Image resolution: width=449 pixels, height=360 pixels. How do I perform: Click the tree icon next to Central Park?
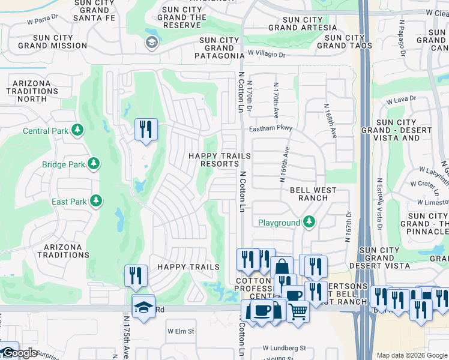77,130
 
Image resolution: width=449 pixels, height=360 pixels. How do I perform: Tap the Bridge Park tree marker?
93,164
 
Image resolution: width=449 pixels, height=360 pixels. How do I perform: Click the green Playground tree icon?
309,223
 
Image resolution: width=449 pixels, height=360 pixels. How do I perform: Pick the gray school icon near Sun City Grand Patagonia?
151,42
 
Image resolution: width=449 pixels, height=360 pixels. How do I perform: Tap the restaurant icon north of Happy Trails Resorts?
146,129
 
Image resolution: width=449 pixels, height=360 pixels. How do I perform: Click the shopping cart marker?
298,311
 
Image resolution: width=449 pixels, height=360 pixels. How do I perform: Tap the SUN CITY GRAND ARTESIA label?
303,24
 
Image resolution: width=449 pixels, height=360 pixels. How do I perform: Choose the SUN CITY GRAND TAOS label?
345,41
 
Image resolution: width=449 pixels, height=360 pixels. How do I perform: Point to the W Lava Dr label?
401,100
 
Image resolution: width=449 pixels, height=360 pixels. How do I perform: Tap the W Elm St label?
181,331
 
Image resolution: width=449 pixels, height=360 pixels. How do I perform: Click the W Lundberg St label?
284,348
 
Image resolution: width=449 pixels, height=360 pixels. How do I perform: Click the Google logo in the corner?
19,353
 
